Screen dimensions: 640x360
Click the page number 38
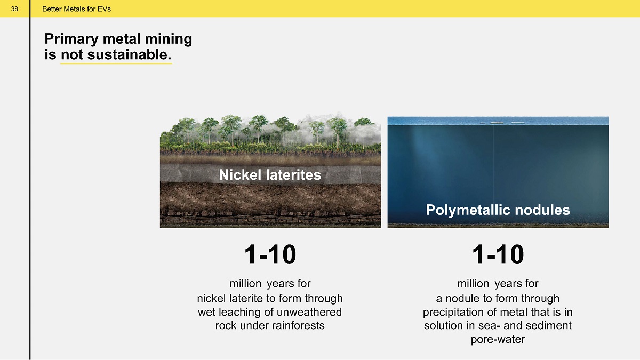14,9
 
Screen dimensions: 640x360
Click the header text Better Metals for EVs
76,9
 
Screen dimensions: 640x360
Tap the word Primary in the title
71,39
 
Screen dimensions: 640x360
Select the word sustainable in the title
129,54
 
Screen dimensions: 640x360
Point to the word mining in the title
169,39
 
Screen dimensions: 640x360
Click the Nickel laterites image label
270,174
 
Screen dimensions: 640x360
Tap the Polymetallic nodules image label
498,210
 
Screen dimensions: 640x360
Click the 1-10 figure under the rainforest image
270,254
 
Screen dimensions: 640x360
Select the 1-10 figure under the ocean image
498,254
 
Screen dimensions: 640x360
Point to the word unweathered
309,311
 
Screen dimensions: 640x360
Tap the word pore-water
498,339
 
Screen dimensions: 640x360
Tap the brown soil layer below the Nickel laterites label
270,197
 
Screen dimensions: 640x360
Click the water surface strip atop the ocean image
498,121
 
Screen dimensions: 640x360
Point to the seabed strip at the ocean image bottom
498,226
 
